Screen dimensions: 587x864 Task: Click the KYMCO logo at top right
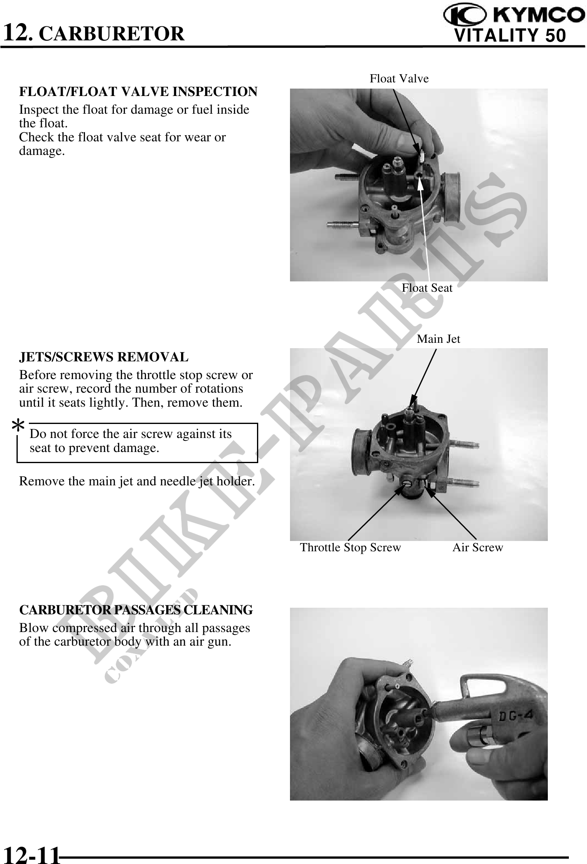tap(514, 16)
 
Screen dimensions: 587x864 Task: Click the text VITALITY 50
tap(510, 35)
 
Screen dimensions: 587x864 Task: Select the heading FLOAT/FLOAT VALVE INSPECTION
tap(138, 91)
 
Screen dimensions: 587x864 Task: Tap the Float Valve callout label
tap(399, 78)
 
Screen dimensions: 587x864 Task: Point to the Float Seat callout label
tap(427, 288)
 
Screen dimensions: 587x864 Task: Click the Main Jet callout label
tap(438, 339)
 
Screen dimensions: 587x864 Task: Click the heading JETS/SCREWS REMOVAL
tap(104, 357)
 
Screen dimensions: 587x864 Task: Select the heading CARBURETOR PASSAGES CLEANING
tap(136, 610)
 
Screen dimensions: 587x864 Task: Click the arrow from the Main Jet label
tap(423, 378)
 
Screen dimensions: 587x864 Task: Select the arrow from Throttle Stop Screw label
tap(377, 512)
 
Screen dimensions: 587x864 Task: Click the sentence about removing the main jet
tap(137, 481)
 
